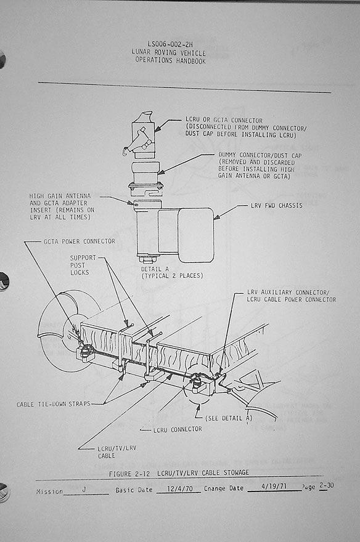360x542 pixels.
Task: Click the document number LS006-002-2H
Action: pyautogui.click(x=170, y=44)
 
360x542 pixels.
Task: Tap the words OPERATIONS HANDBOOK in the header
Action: pyautogui.click(x=171, y=60)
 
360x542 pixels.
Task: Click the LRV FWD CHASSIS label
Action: pyautogui.click(x=277, y=206)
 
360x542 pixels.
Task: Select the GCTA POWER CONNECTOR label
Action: pyautogui.click(x=79, y=241)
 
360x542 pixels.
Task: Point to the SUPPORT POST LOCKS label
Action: pyautogui.click(x=83, y=265)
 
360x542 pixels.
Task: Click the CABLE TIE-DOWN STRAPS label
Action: pyautogui.click(x=53, y=404)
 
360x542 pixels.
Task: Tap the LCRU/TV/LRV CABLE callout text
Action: pyautogui.click(x=117, y=452)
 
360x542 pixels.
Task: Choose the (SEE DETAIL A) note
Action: pyautogui.click(x=229, y=418)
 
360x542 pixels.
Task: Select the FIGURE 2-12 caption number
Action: pyautogui.click(x=129, y=474)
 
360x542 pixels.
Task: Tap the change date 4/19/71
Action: pyautogui.click(x=274, y=487)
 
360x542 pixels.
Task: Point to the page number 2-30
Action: pyautogui.click(x=327, y=486)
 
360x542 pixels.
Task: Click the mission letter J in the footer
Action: pyautogui.click(x=84, y=490)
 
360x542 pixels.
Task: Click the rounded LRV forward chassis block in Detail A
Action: pyautogui.click(x=196, y=235)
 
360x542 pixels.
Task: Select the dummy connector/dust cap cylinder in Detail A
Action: pyautogui.click(x=146, y=173)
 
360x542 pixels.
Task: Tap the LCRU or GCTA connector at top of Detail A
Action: pyautogui.click(x=142, y=135)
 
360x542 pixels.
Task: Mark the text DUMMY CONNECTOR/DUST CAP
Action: pyautogui.click(x=260, y=156)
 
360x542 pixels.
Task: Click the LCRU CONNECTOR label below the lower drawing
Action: pyautogui.click(x=178, y=429)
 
